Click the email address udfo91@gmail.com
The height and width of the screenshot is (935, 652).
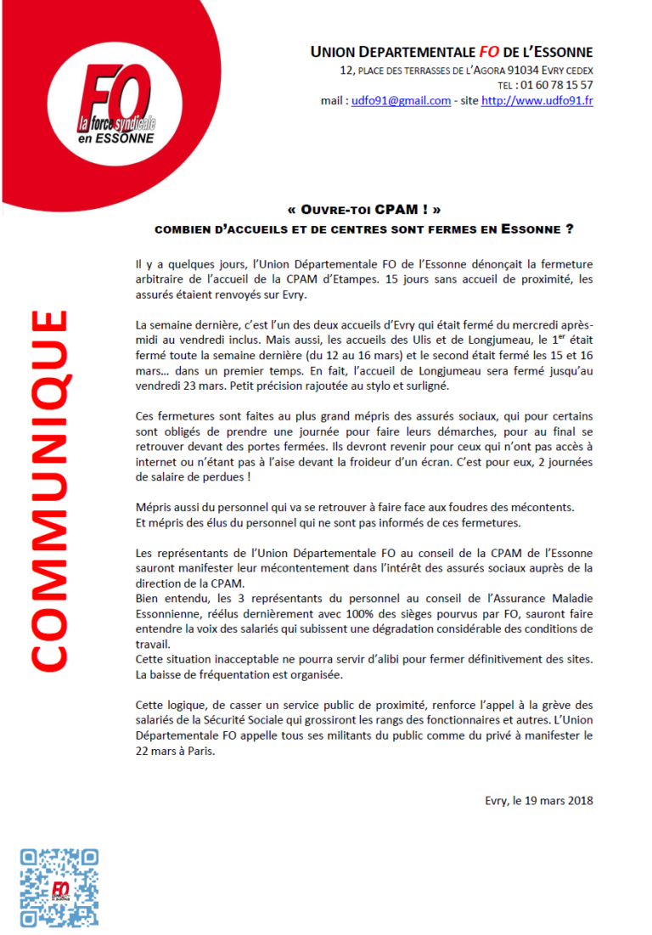point(401,101)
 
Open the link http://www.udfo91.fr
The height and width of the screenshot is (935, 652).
point(537,101)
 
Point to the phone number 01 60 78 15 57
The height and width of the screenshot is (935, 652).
point(557,86)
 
